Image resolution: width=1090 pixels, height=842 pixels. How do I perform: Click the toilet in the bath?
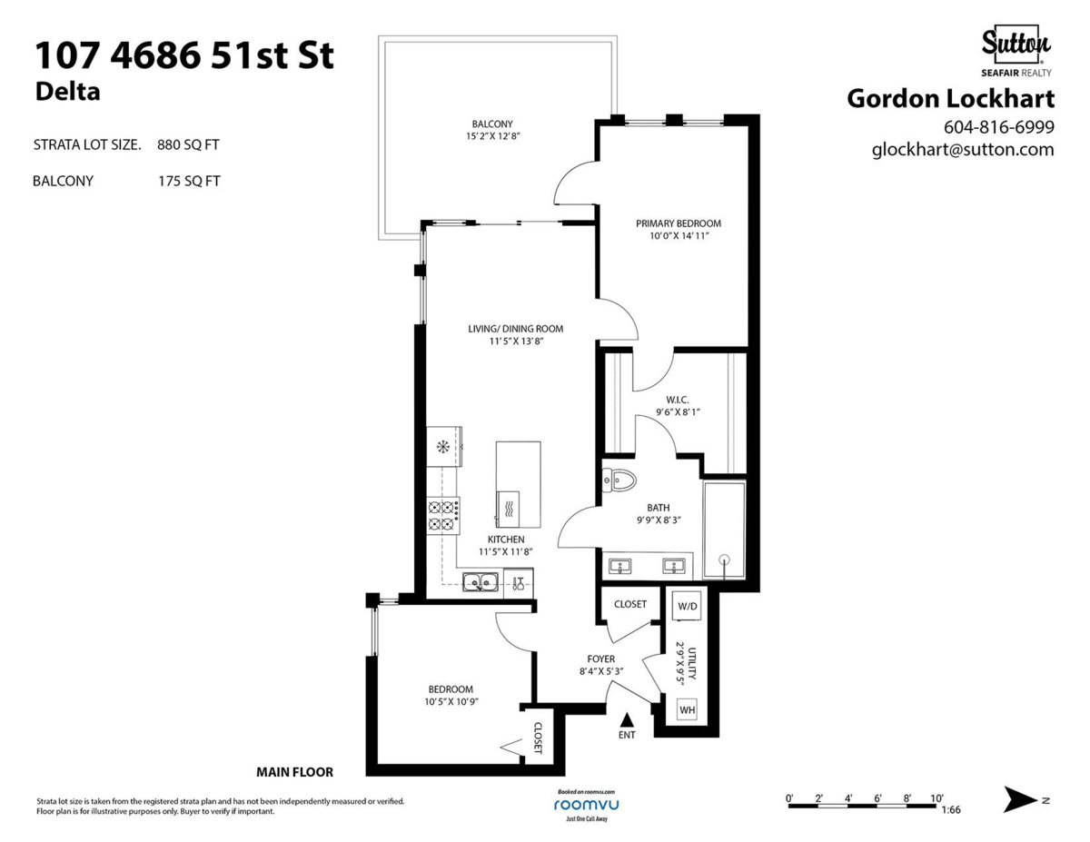click(x=620, y=480)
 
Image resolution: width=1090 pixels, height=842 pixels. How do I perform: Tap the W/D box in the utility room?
click(x=688, y=606)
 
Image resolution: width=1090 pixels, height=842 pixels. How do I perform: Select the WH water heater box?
click(x=687, y=709)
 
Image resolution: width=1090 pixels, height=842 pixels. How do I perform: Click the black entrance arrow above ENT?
click(x=626, y=718)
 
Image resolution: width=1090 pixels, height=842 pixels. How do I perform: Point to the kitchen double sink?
click(x=478, y=582)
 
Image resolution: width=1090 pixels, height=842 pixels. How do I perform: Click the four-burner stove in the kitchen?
click(x=443, y=516)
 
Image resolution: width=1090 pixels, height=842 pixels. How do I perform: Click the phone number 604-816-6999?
click(x=999, y=126)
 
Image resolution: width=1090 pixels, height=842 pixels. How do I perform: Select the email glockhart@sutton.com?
click(x=963, y=150)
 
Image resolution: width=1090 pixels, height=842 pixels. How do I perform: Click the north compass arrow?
click(x=1022, y=799)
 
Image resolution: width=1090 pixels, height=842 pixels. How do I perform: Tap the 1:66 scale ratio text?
click(x=951, y=810)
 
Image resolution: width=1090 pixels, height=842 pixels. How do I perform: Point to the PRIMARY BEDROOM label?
click(x=678, y=223)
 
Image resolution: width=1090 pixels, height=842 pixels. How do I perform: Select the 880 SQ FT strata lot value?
click(x=188, y=144)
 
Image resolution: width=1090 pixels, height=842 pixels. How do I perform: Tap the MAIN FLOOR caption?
click(x=294, y=772)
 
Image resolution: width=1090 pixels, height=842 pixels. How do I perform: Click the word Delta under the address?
click(x=67, y=92)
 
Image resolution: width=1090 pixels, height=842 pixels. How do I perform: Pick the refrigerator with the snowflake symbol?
click(x=444, y=446)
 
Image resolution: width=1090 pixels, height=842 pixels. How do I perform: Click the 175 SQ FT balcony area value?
click(x=188, y=181)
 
